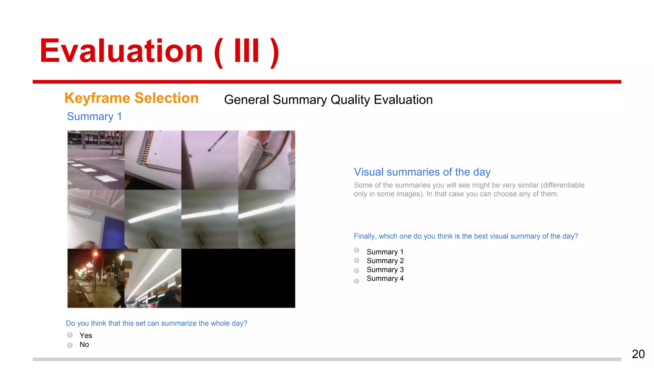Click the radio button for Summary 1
click(357, 250)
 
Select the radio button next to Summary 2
click(357, 260)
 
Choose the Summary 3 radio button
click(357, 271)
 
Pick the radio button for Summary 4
click(357, 281)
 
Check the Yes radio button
click(70, 335)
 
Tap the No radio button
click(70, 345)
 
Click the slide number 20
click(638, 354)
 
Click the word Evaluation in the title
click(121, 51)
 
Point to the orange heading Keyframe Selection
click(131, 98)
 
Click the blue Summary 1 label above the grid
click(94, 117)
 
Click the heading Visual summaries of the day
click(422, 172)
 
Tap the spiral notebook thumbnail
click(153, 160)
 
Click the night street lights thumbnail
click(95, 278)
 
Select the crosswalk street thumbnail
click(95, 160)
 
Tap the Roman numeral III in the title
click(247, 51)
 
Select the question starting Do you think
click(156, 323)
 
